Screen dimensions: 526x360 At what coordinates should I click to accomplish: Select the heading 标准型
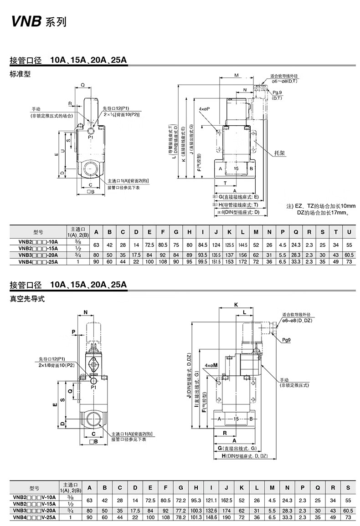(x=20, y=74)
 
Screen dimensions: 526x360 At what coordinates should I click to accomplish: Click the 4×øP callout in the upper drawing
(x=204, y=109)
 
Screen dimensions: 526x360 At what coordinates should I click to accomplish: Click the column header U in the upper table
(x=349, y=232)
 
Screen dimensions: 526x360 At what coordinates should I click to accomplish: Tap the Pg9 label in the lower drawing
(x=287, y=340)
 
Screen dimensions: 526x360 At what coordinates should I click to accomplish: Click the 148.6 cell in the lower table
(x=210, y=517)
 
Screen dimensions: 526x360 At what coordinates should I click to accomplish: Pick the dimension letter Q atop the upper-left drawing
(x=82, y=85)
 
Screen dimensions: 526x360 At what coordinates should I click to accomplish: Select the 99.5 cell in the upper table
(x=202, y=262)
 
